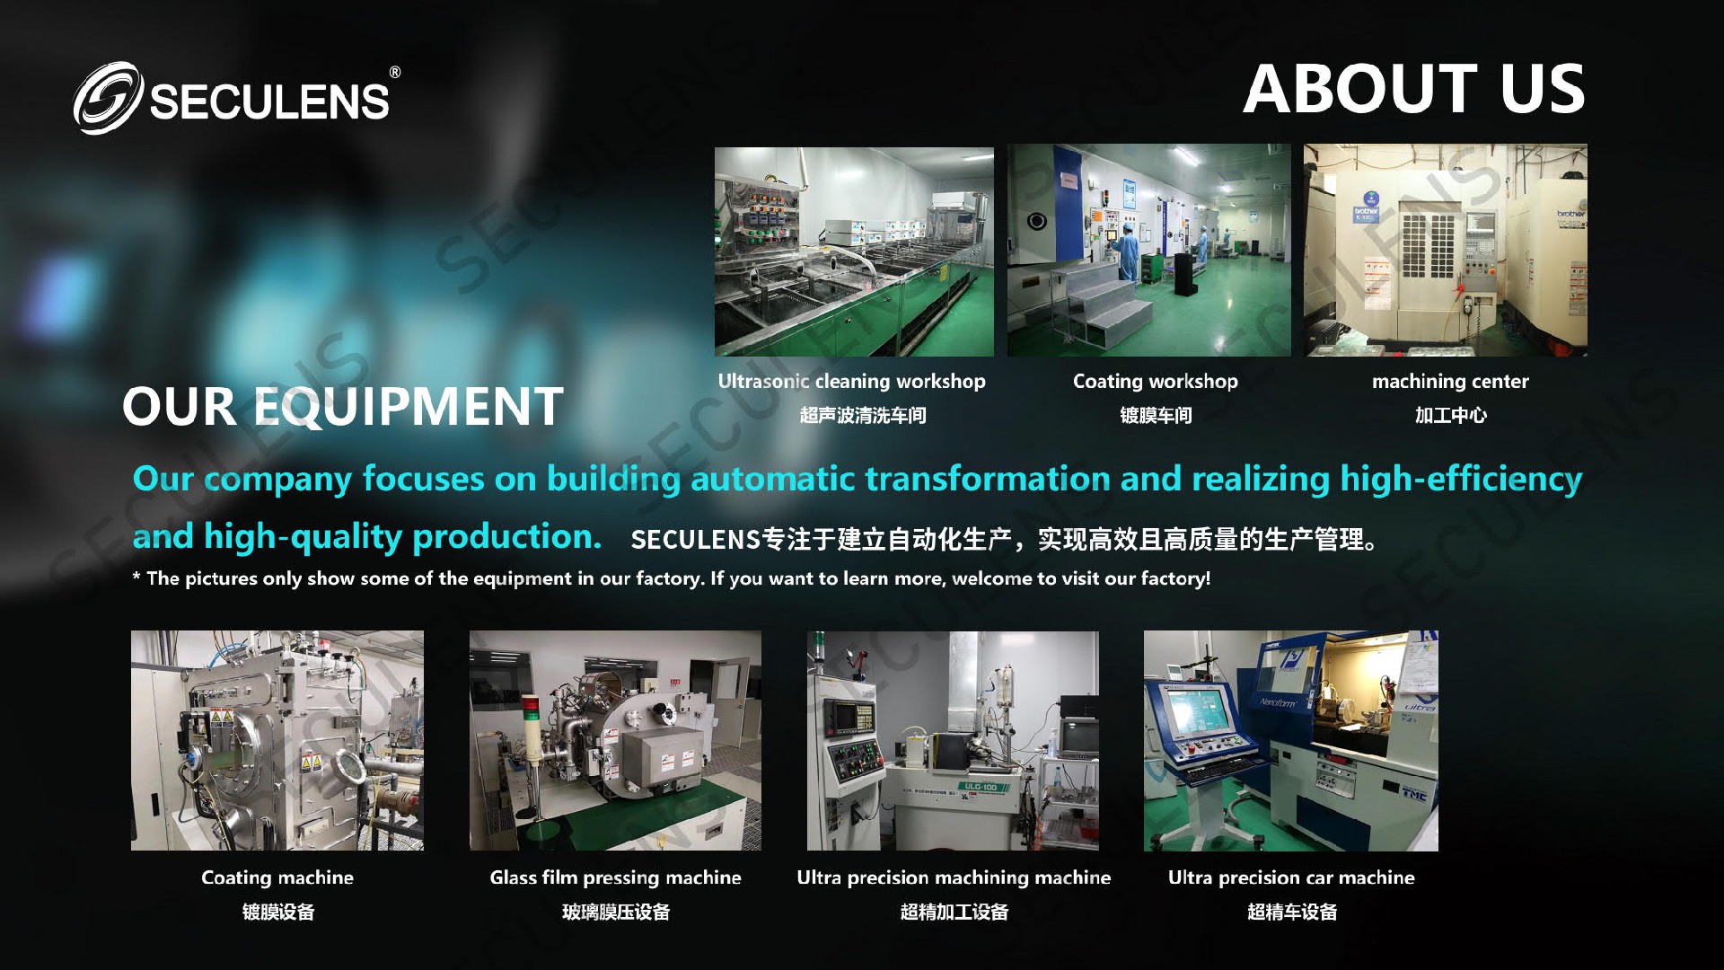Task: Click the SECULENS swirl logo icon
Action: point(108,98)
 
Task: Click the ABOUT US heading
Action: point(1414,89)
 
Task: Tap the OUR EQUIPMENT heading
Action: point(343,406)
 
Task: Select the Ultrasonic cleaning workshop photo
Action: point(854,251)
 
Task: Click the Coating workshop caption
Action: point(1155,382)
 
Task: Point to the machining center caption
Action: point(1450,382)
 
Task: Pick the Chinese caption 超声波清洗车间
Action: point(863,415)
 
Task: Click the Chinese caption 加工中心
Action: point(1451,415)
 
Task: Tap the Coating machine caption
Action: point(277,878)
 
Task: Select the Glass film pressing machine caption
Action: point(615,878)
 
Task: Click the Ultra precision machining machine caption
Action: point(954,878)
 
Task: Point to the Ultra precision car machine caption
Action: point(1291,878)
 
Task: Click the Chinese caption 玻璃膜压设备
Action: point(616,913)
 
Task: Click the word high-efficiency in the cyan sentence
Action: point(1461,480)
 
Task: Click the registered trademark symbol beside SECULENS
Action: point(395,73)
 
